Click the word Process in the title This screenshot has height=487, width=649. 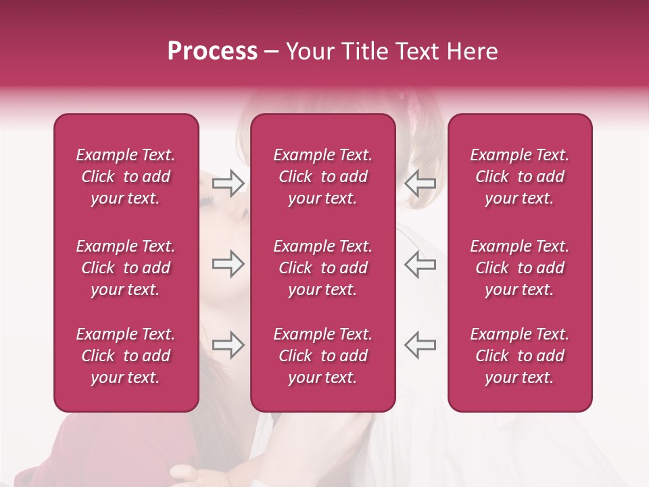pyautogui.click(x=212, y=51)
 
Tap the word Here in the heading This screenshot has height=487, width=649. pyautogui.click(x=473, y=51)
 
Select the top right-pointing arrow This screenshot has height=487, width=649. pyautogui.click(x=228, y=183)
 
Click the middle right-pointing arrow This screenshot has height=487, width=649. pyautogui.click(x=228, y=264)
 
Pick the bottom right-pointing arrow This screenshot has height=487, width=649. pyautogui.click(x=228, y=345)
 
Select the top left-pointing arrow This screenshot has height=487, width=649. pyautogui.click(x=420, y=183)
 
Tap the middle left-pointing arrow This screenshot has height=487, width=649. pyautogui.click(x=420, y=264)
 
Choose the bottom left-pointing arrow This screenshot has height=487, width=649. pyautogui.click(x=420, y=345)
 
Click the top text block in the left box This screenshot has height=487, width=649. pyautogui.click(x=126, y=177)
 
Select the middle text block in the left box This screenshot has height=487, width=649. pyautogui.click(x=126, y=268)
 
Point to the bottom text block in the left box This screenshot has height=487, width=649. pyautogui.click(x=126, y=356)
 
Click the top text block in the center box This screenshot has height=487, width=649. pyautogui.click(x=323, y=177)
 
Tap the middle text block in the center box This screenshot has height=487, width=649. pyautogui.click(x=323, y=268)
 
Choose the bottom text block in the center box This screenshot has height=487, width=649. pyautogui.click(x=323, y=356)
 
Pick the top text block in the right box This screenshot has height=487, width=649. pyautogui.click(x=520, y=177)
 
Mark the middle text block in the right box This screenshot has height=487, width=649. pyautogui.click(x=520, y=268)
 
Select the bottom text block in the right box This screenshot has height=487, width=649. pyautogui.click(x=520, y=356)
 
